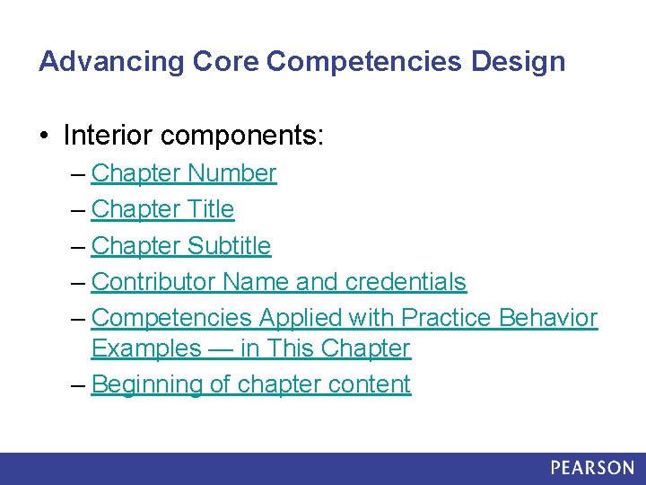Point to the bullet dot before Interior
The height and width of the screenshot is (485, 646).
click(44, 137)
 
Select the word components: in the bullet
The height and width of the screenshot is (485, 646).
click(240, 136)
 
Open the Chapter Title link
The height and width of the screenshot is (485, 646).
click(162, 209)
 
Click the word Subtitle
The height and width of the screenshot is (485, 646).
click(230, 245)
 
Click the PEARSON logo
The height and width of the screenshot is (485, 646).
click(592, 468)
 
